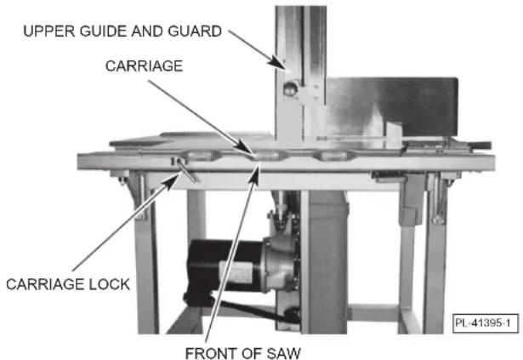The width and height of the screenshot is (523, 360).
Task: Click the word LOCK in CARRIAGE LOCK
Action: (x=108, y=285)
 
